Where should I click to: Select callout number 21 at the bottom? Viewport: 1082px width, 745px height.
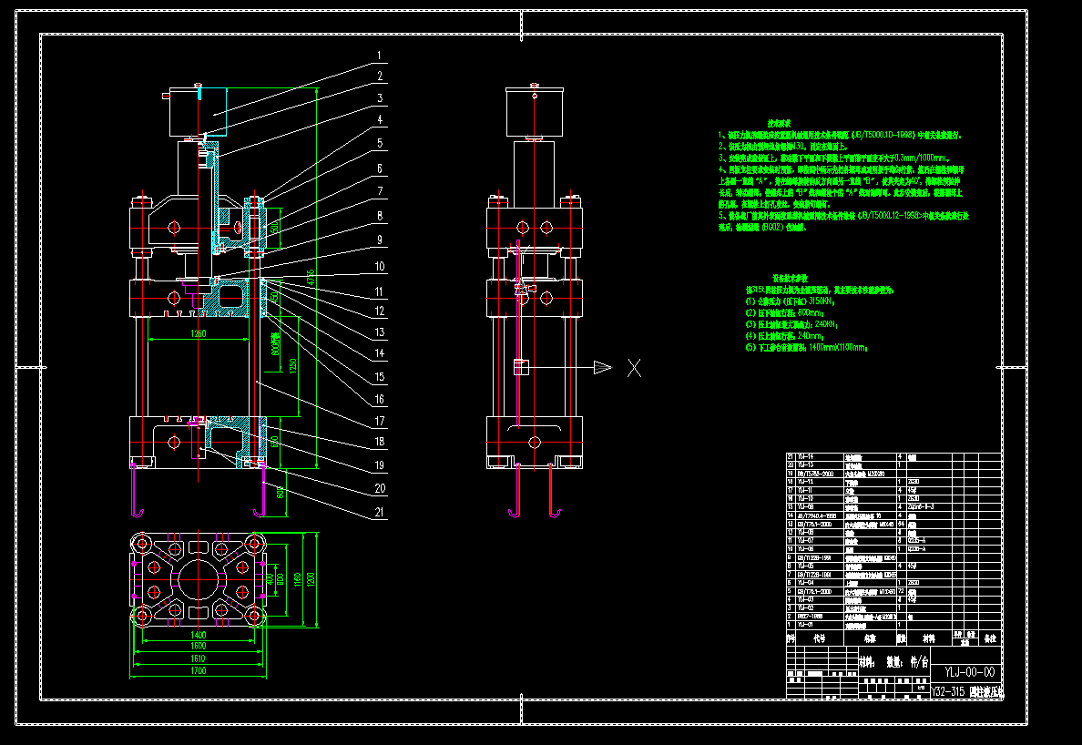pos(379,511)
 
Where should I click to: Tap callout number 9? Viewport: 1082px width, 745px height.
pos(379,240)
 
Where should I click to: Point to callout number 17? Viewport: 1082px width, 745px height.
pos(379,422)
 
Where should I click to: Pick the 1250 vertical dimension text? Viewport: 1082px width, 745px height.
pos(293,363)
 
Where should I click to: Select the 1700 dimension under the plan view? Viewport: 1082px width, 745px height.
pos(198,670)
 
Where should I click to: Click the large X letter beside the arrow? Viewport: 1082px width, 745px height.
pos(634,368)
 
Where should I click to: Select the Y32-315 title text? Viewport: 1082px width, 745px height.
pos(947,691)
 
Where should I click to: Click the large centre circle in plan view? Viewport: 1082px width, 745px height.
pos(199,577)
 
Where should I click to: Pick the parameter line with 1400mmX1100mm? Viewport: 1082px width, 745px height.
pos(806,347)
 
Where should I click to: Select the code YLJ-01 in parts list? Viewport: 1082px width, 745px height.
pos(805,623)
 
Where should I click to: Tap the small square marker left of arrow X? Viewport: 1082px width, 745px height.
pos(521,367)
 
